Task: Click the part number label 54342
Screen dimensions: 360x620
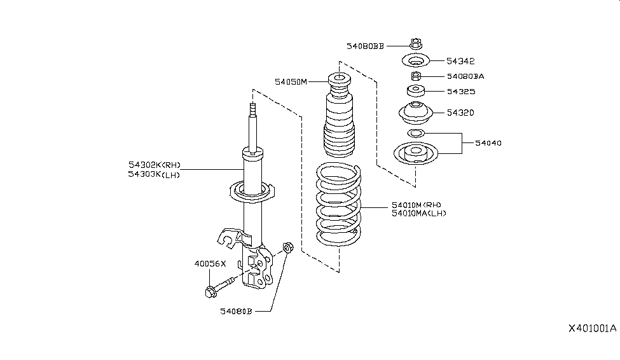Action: pyautogui.click(x=460, y=61)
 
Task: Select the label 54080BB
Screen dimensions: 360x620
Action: pyautogui.click(x=365, y=46)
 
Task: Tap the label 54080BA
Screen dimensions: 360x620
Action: pyautogui.click(x=465, y=76)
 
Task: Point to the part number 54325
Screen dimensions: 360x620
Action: pyautogui.click(x=460, y=92)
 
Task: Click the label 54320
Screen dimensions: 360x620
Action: pyautogui.click(x=460, y=113)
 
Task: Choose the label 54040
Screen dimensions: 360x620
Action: pyautogui.click(x=488, y=143)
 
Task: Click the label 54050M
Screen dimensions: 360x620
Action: pyautogui.click(x=291, y=81)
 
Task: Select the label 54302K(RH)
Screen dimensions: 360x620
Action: pyautogui.click(x=154, y=165)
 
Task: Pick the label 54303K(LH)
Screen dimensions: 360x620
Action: pyautogui.click(x=154, y=174)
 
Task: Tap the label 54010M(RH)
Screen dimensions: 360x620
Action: pyautogui.click(x=417, y=205)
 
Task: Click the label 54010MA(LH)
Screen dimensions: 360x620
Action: pyautogui.click(x=419, y=214)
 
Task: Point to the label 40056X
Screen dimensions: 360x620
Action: pyautogui.click(x=210, y=263)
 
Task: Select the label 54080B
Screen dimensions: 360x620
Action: pyautogui.click(x=237, y=311)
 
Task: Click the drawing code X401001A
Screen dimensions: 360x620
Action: pyautogui.click(x=592, y=329)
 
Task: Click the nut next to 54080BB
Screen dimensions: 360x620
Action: pyautogui.click(x=415, y=45)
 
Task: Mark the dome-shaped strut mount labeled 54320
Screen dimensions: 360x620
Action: pyautogui.click(x=415, y=113)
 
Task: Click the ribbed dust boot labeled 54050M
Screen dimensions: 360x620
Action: pyautogui.click(x=338, y=124)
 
